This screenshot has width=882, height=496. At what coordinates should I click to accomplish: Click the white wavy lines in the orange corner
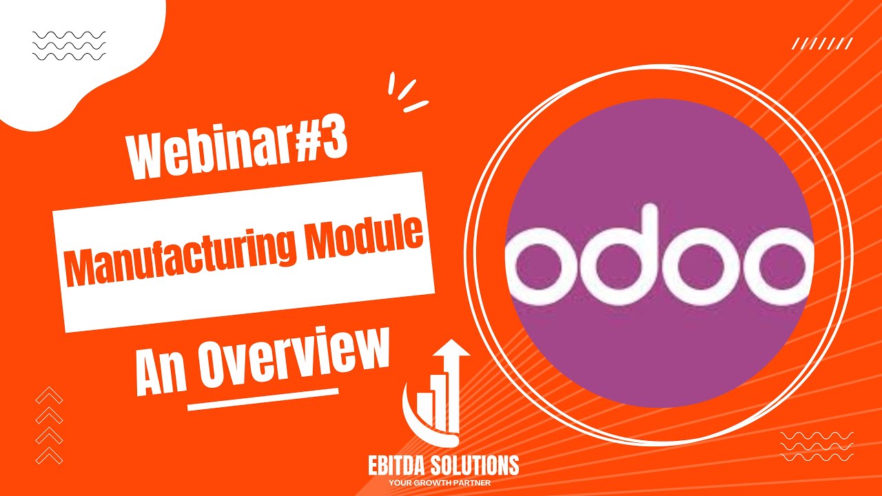(x=817, y=447)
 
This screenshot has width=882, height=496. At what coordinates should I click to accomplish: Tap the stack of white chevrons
(x=49, y=425)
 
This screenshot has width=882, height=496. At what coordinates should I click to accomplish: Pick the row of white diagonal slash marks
(x=823, y=44)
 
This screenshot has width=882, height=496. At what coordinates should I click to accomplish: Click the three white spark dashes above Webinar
(x=407, y=92)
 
